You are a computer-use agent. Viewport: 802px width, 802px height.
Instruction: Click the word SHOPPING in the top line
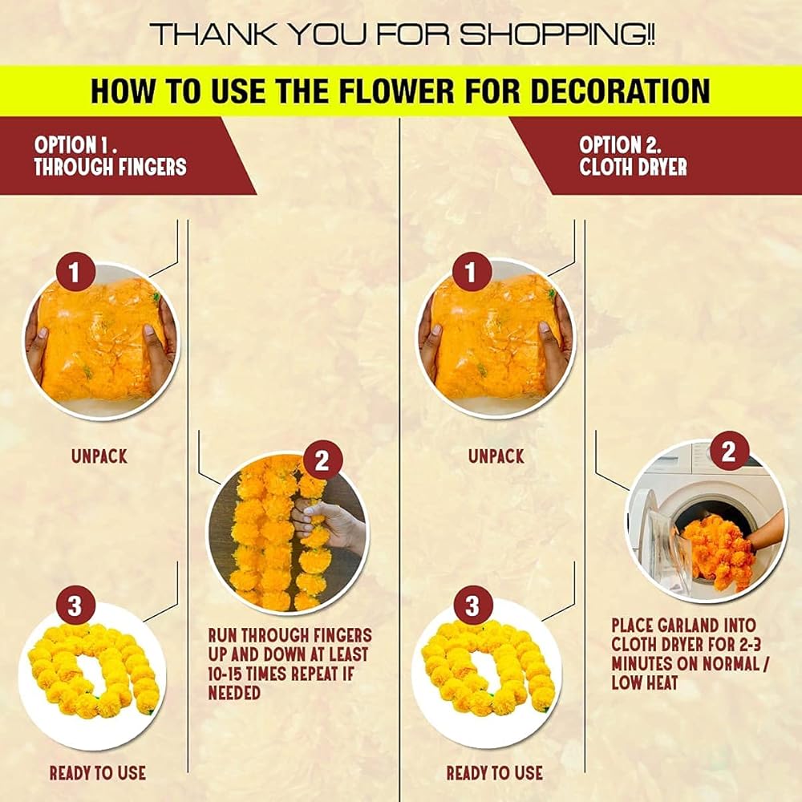(x=556, y=34)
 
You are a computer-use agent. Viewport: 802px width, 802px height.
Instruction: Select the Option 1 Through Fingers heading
(x=110, y=156)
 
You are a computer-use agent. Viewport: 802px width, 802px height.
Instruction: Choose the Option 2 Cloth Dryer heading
(x=633, y=156)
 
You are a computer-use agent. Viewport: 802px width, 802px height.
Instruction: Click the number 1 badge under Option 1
(x=75, y=272)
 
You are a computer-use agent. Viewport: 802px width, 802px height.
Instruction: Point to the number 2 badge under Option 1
(x=322, y=461)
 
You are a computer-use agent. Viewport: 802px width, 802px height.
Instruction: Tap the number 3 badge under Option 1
(x=75, y=606)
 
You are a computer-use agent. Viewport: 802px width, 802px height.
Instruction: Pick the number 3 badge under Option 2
(x=472, y=606)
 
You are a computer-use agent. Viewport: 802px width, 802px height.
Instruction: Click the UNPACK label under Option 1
(x=99, y=456)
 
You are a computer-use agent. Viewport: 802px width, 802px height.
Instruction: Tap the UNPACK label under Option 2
(x=496, y=456)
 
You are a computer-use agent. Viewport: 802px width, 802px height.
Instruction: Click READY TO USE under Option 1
(x=98, y=773)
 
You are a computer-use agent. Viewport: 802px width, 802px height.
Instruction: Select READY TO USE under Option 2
(x=495, y=773)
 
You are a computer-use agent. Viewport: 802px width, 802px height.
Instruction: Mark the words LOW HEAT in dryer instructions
(x=645, y=683)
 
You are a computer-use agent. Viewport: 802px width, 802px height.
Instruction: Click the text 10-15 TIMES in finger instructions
(x=246, y=674)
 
